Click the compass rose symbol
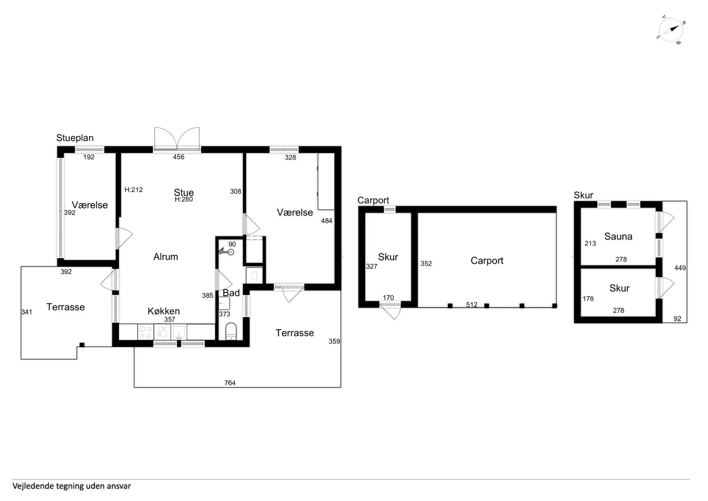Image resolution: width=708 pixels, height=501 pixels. tap(671, 30)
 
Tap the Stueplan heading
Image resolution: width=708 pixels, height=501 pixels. tap(75, 138)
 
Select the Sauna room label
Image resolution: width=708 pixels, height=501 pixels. tap(618, 236)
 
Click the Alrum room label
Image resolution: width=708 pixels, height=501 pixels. tap(166, 257)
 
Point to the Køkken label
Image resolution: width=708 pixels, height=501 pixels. tap(164, 311)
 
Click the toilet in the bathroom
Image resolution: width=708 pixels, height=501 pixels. tap(231, 331)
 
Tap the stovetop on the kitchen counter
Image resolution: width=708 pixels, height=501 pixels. tap(146, 332)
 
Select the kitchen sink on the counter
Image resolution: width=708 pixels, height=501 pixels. tap(179, 332)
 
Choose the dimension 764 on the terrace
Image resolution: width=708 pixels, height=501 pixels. tap(230, 383)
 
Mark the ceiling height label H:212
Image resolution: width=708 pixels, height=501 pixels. tap(133, 190)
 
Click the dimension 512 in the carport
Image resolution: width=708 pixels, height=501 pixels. tap(472, 305)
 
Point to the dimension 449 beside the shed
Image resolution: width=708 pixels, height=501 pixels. tap(680, 268)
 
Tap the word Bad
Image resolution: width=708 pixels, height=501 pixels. tap(231, 293)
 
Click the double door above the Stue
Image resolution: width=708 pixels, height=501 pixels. tap(177, 139)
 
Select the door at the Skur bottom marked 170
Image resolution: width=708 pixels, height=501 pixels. tap(390, 310)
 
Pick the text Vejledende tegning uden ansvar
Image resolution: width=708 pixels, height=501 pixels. tap(72, 486)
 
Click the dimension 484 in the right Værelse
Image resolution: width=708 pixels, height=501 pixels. tap(326, 221)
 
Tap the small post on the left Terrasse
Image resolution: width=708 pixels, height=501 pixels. tap(82, 345)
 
